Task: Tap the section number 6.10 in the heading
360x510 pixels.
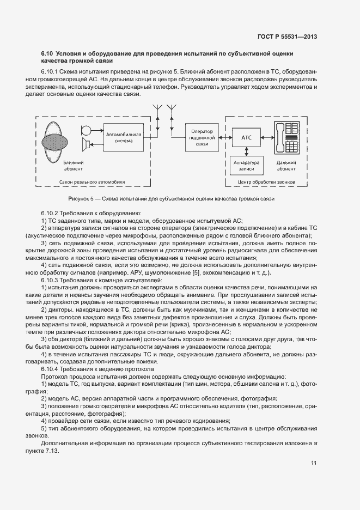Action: click(47, 53)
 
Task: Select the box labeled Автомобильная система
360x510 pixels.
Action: click(124, 137)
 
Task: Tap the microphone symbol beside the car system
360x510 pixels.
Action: click(87, 130)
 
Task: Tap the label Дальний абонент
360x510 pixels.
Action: click(286, 166)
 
